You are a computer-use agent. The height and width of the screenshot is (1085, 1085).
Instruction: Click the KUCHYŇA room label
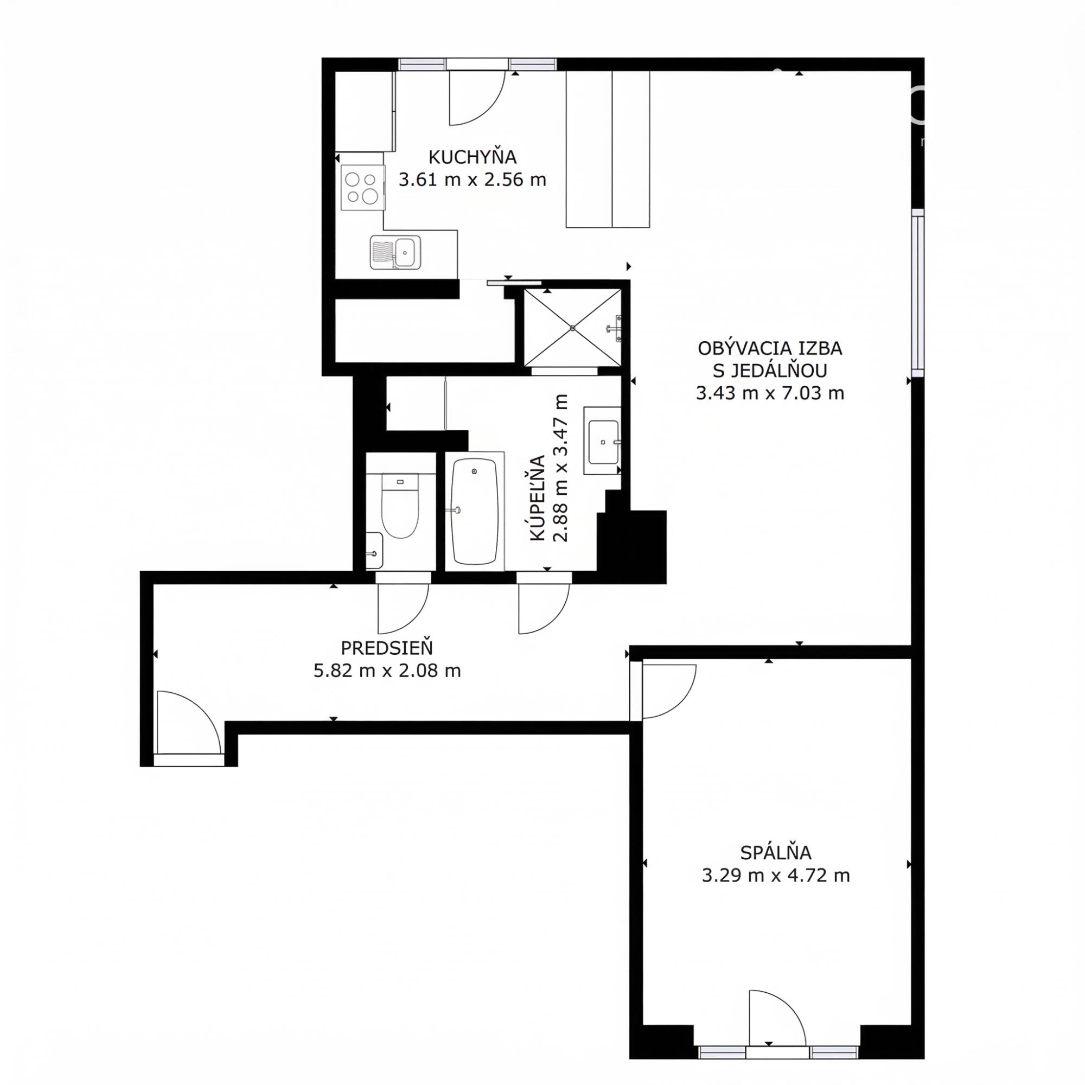[473, 157]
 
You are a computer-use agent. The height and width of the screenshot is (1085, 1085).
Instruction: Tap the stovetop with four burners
[362, 188]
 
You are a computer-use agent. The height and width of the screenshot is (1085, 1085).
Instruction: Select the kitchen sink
[395, 252]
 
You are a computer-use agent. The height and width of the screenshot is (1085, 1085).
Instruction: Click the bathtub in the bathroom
[475, 511]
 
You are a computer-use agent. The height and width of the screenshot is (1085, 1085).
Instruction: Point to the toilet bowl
[400, 506]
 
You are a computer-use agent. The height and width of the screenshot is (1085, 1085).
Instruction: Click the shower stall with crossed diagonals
[572, 328]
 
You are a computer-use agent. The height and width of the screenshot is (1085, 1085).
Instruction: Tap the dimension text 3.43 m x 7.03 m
[770, 393]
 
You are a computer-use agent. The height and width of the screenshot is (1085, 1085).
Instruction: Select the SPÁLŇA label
[776, 853]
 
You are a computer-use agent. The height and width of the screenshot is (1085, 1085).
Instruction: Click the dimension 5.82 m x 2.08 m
[387, 671]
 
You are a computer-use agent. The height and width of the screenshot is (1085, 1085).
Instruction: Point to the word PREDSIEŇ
[387, 648]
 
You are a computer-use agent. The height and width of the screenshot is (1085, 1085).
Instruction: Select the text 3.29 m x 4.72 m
[776, 876]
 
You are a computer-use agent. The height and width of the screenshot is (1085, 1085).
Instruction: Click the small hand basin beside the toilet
[374, 550]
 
